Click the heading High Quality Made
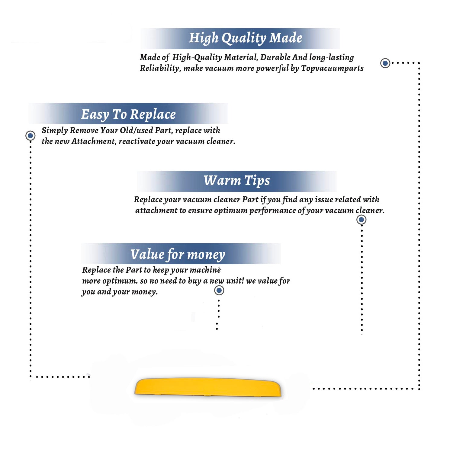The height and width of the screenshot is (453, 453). (x=246, y=38)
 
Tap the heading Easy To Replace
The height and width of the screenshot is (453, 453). (x=128, y=114)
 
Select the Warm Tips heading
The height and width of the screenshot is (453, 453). (x=236, y=181)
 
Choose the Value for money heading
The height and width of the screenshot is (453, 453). (x=178, y=255)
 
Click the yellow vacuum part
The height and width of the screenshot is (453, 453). (x=208, y=387)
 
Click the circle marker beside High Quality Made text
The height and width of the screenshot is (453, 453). (x=385, y=63)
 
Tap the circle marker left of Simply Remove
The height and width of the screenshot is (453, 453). (x=30, y=136)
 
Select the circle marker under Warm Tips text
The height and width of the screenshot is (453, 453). (x=361, y=220)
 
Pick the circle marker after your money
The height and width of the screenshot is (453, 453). (x=219, y=291)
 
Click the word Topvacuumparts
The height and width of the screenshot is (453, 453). (x=332, y=69)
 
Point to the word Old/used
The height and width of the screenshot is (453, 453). (x=136, y=130)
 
